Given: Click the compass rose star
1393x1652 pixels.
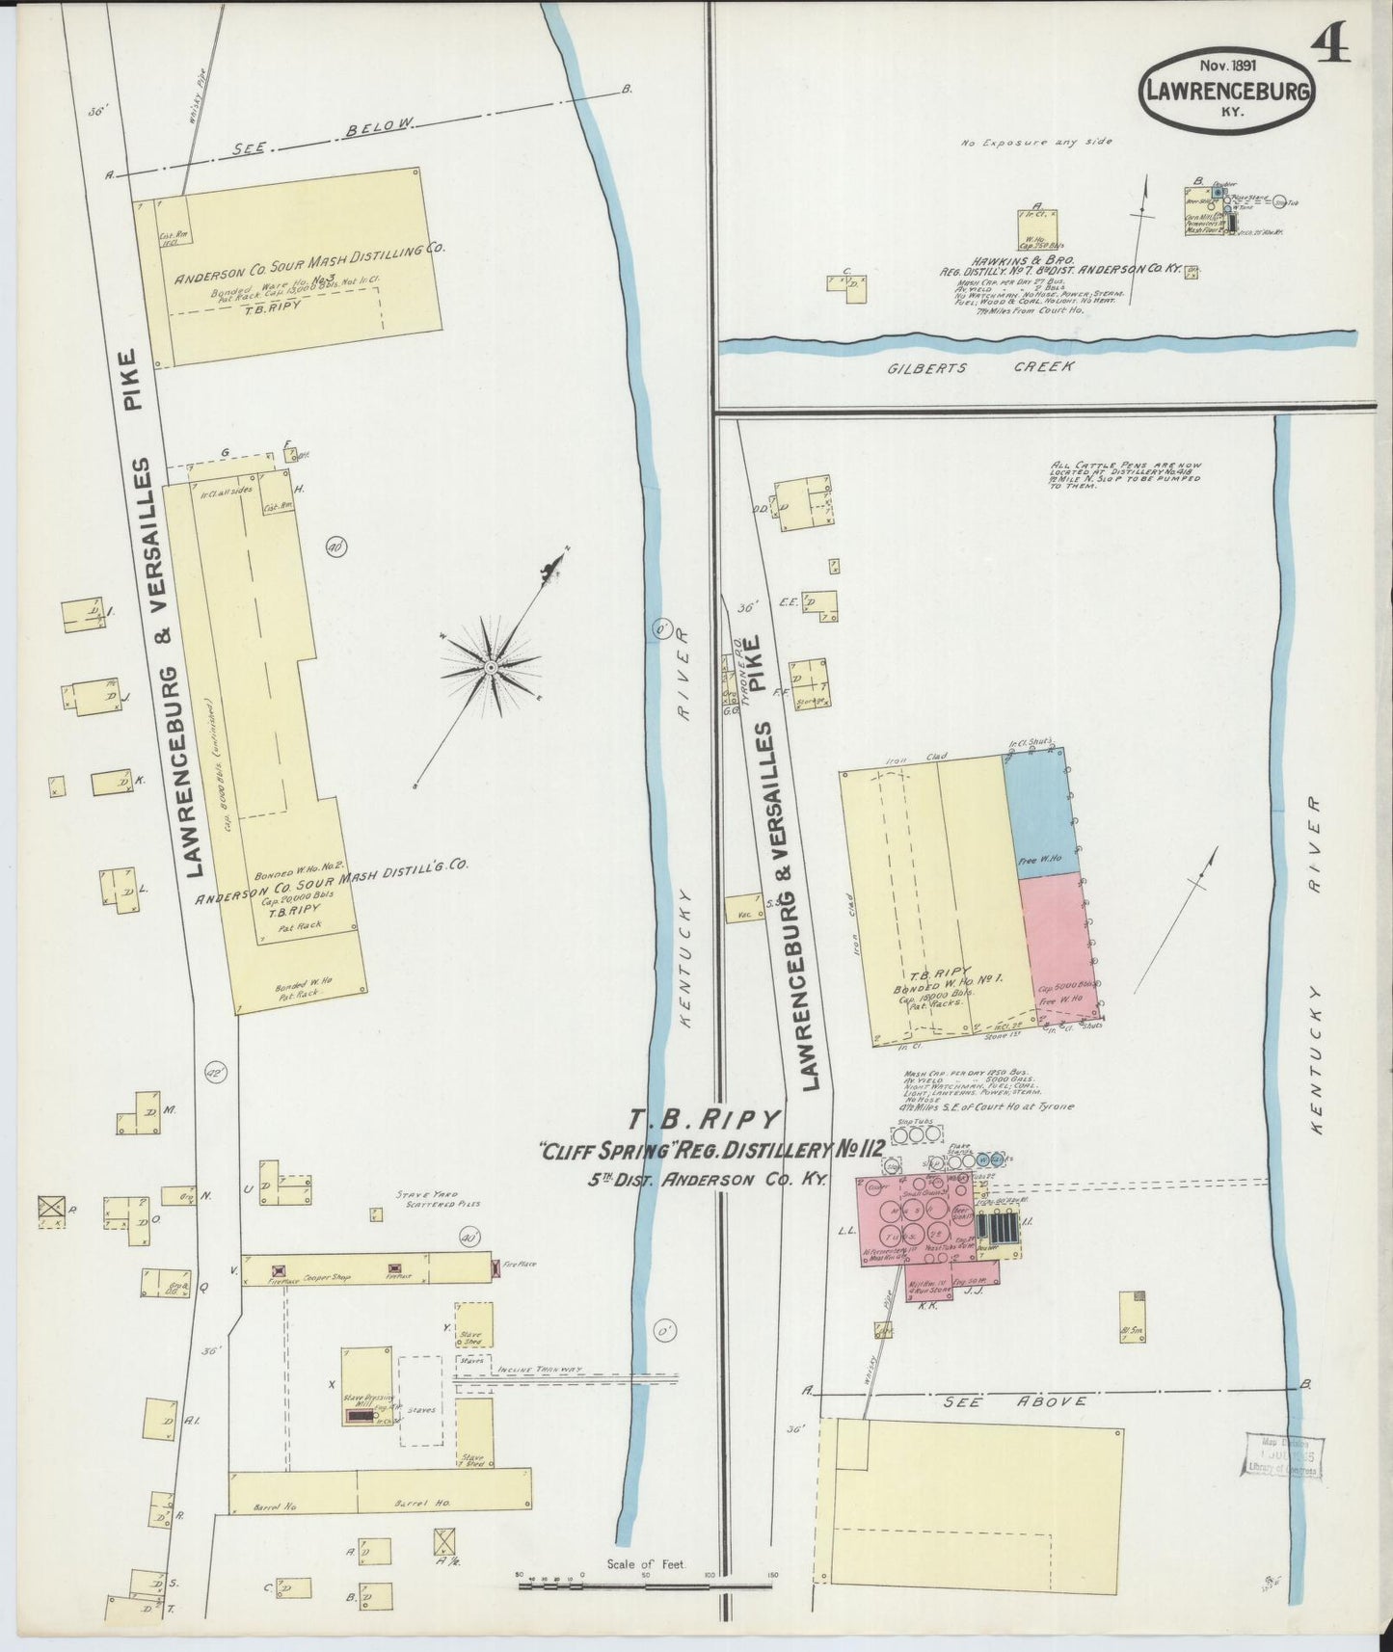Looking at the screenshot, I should coord(491,667).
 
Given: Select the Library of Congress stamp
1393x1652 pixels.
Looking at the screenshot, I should coord(1282,1454).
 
